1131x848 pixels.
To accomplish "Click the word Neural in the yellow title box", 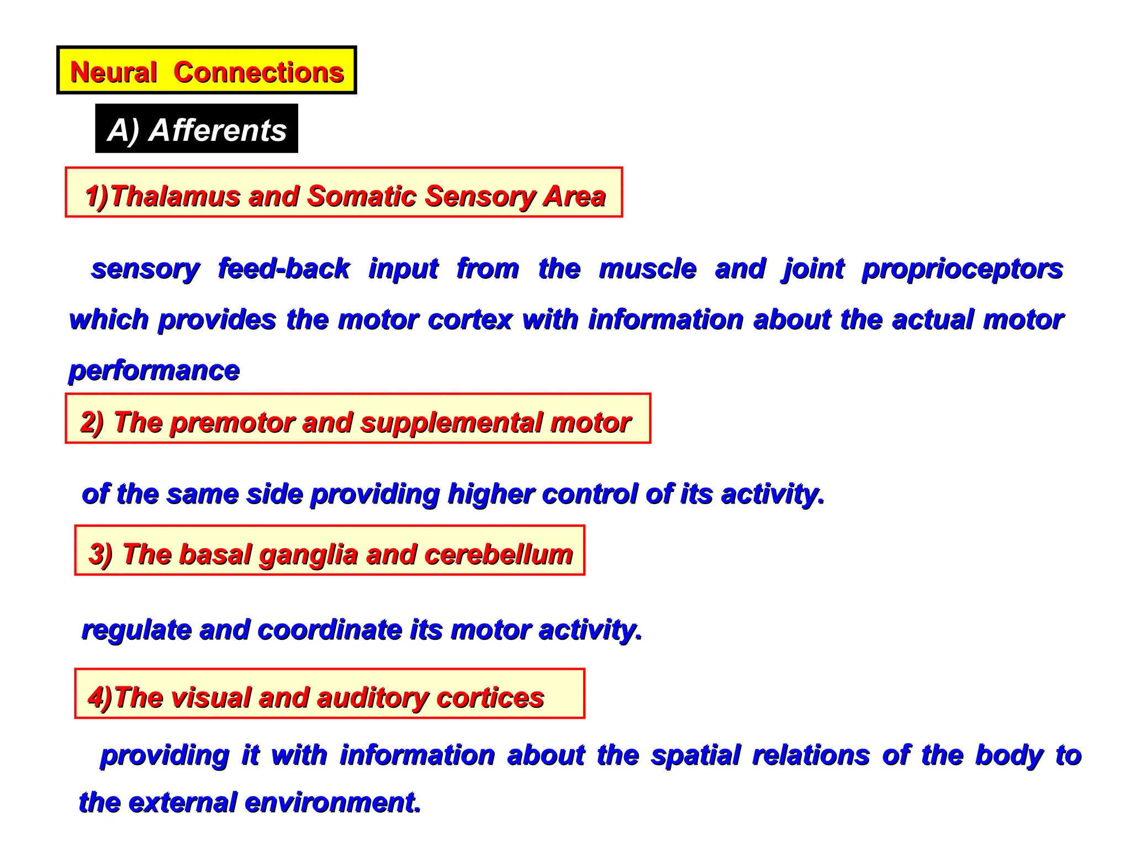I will [x=114, y=72].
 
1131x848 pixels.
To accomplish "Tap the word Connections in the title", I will [x=258, y=72].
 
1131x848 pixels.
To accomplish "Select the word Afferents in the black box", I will [x=218, y=130].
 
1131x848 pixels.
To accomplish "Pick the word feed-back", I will [x=284, y=268].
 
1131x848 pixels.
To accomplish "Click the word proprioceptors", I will [x=962, y=269].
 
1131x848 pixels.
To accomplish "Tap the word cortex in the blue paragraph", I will [x=470, y=320].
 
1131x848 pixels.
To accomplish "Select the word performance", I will [x=154, y=371].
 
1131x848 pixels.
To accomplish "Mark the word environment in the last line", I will [x=332, y=802].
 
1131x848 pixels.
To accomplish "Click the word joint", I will [x=813, y=269].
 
